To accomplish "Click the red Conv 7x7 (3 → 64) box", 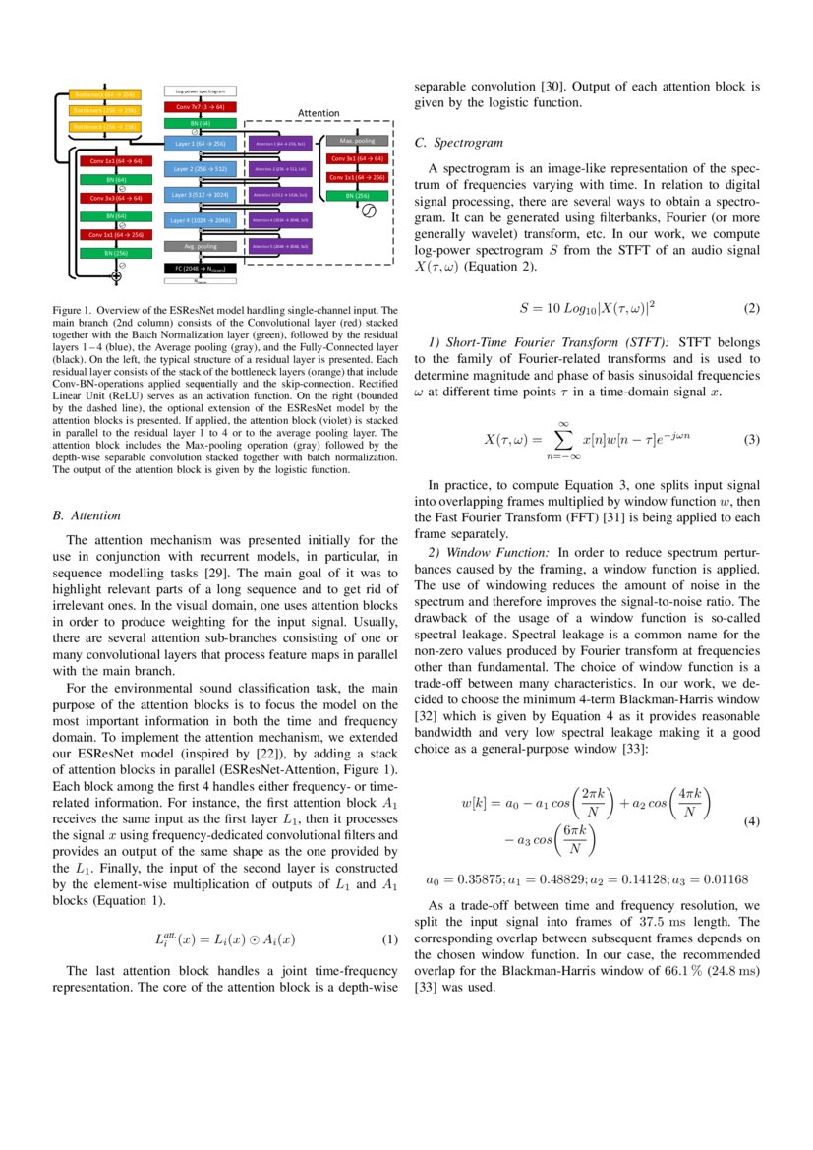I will tap(200, 106).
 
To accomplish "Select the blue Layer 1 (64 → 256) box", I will tap(200, 144).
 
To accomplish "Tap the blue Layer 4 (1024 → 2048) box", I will tap(200, 220).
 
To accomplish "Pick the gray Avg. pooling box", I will tap(200, 246).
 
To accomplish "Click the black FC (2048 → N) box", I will tap(200, 267).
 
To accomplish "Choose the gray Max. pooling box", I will tap(356, 141).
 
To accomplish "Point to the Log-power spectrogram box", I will tap(200, 91).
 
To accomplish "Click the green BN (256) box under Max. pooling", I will tap(356, 196).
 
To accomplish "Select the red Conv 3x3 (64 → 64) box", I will tap(116, 198).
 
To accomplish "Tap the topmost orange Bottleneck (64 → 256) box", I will tap(105, 95).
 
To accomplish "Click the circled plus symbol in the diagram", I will tap(116, 277).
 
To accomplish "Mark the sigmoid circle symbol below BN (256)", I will tap(369, 212).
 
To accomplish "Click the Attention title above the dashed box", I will tap(319, 114).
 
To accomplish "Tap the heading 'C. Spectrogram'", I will tap(458, 143).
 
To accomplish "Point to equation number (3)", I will tap(751, 439).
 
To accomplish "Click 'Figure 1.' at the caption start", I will tap(71, 310).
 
